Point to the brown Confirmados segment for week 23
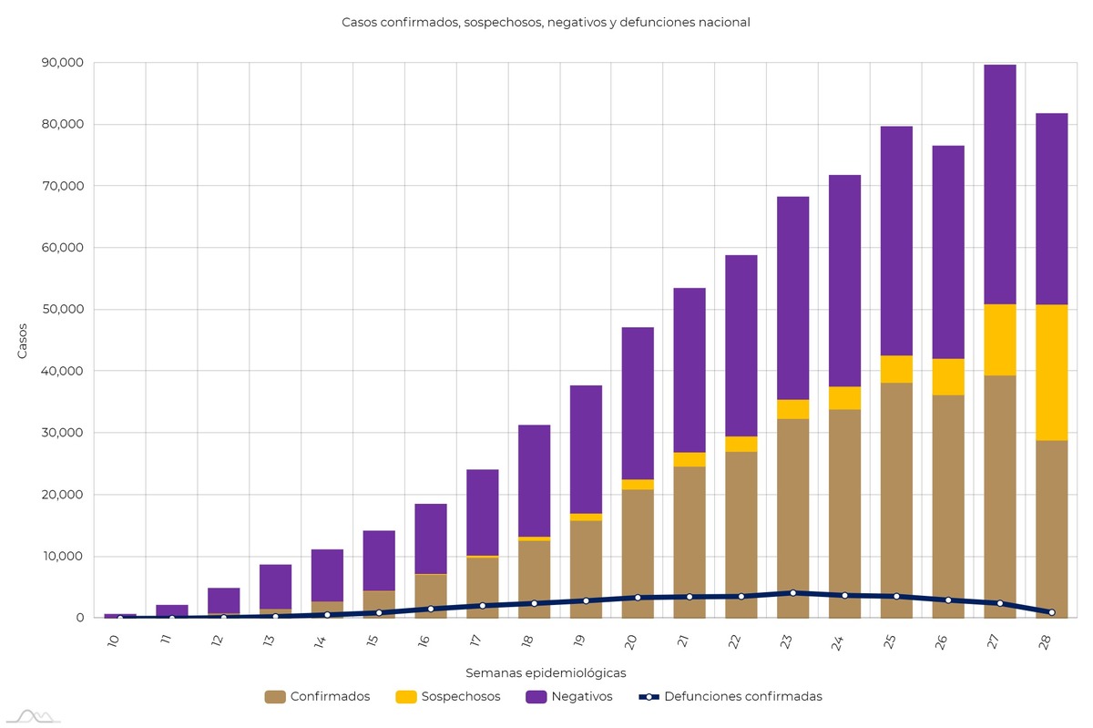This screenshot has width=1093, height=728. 792,501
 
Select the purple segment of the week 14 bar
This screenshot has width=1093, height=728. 327,575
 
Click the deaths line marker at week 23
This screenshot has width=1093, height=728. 792,593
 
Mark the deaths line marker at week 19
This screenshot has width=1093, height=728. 586,600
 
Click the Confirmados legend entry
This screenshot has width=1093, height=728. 318,697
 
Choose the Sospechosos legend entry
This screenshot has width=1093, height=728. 448,697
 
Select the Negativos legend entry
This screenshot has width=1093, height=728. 569,697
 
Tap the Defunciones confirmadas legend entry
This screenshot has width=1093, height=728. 730,697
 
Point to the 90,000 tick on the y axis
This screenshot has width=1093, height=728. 63,63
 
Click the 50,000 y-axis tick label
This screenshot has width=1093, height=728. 63,310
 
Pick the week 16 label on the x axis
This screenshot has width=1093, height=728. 423,641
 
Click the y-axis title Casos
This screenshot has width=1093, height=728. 23,341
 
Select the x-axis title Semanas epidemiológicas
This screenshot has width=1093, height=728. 546,673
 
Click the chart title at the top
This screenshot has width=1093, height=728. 546,22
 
